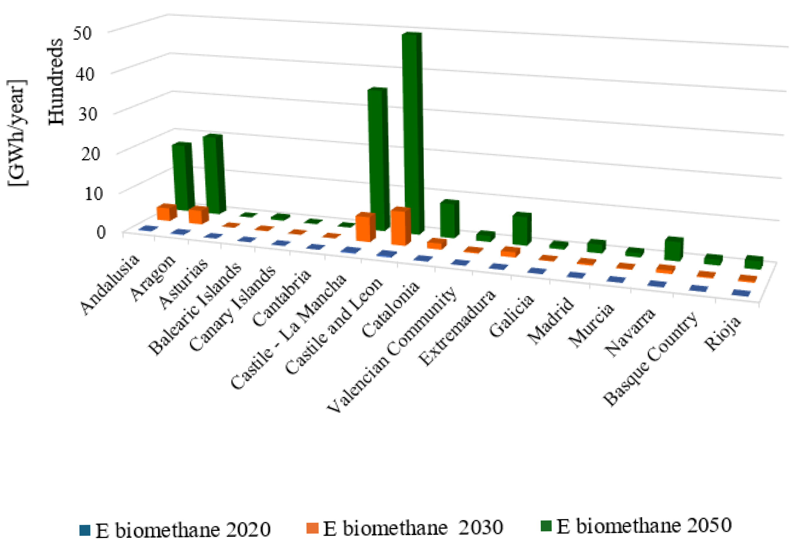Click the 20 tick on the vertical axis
(x=90, y=153)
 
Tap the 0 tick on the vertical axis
(x=101, y=232)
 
